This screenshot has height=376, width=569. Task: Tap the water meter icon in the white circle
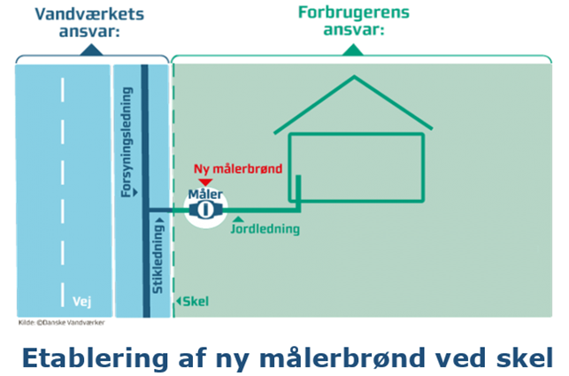[206, 211]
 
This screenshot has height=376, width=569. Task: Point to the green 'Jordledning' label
[265, 230]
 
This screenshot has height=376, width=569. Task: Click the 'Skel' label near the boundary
[196, 301]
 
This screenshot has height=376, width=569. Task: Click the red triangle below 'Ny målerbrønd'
[206, 181]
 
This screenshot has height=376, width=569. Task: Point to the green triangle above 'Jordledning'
[239, 219]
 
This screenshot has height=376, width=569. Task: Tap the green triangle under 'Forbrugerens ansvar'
[354, 51]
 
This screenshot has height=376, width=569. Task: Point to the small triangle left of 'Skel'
[179, 301]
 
